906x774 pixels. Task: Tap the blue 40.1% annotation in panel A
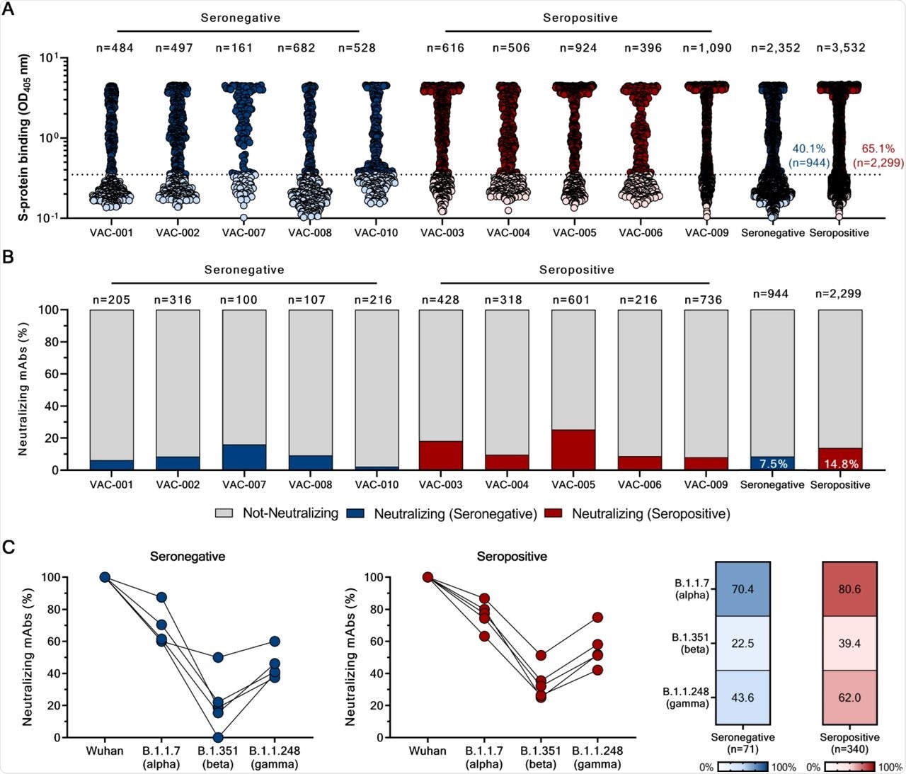tap(809, 149)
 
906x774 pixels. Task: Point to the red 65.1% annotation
tap(878, 149)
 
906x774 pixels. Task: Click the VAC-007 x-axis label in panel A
tap(244, 232)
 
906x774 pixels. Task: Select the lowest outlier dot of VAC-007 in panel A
tap(243, 218)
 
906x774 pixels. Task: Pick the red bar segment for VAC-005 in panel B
tap(573, 449)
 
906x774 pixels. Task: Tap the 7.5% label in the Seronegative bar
tap(773, 464)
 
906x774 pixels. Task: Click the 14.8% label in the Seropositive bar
tap(840, 464)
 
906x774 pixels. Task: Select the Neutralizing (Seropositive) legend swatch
tap(553, 513)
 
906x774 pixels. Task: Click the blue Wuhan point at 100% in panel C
tap(105, 577)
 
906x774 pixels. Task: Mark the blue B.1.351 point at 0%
tap(218, 737)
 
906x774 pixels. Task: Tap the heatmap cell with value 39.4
tap(849, 643)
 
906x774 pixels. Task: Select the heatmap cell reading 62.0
tap(849, 698)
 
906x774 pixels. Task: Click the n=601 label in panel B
tap(573, 300)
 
